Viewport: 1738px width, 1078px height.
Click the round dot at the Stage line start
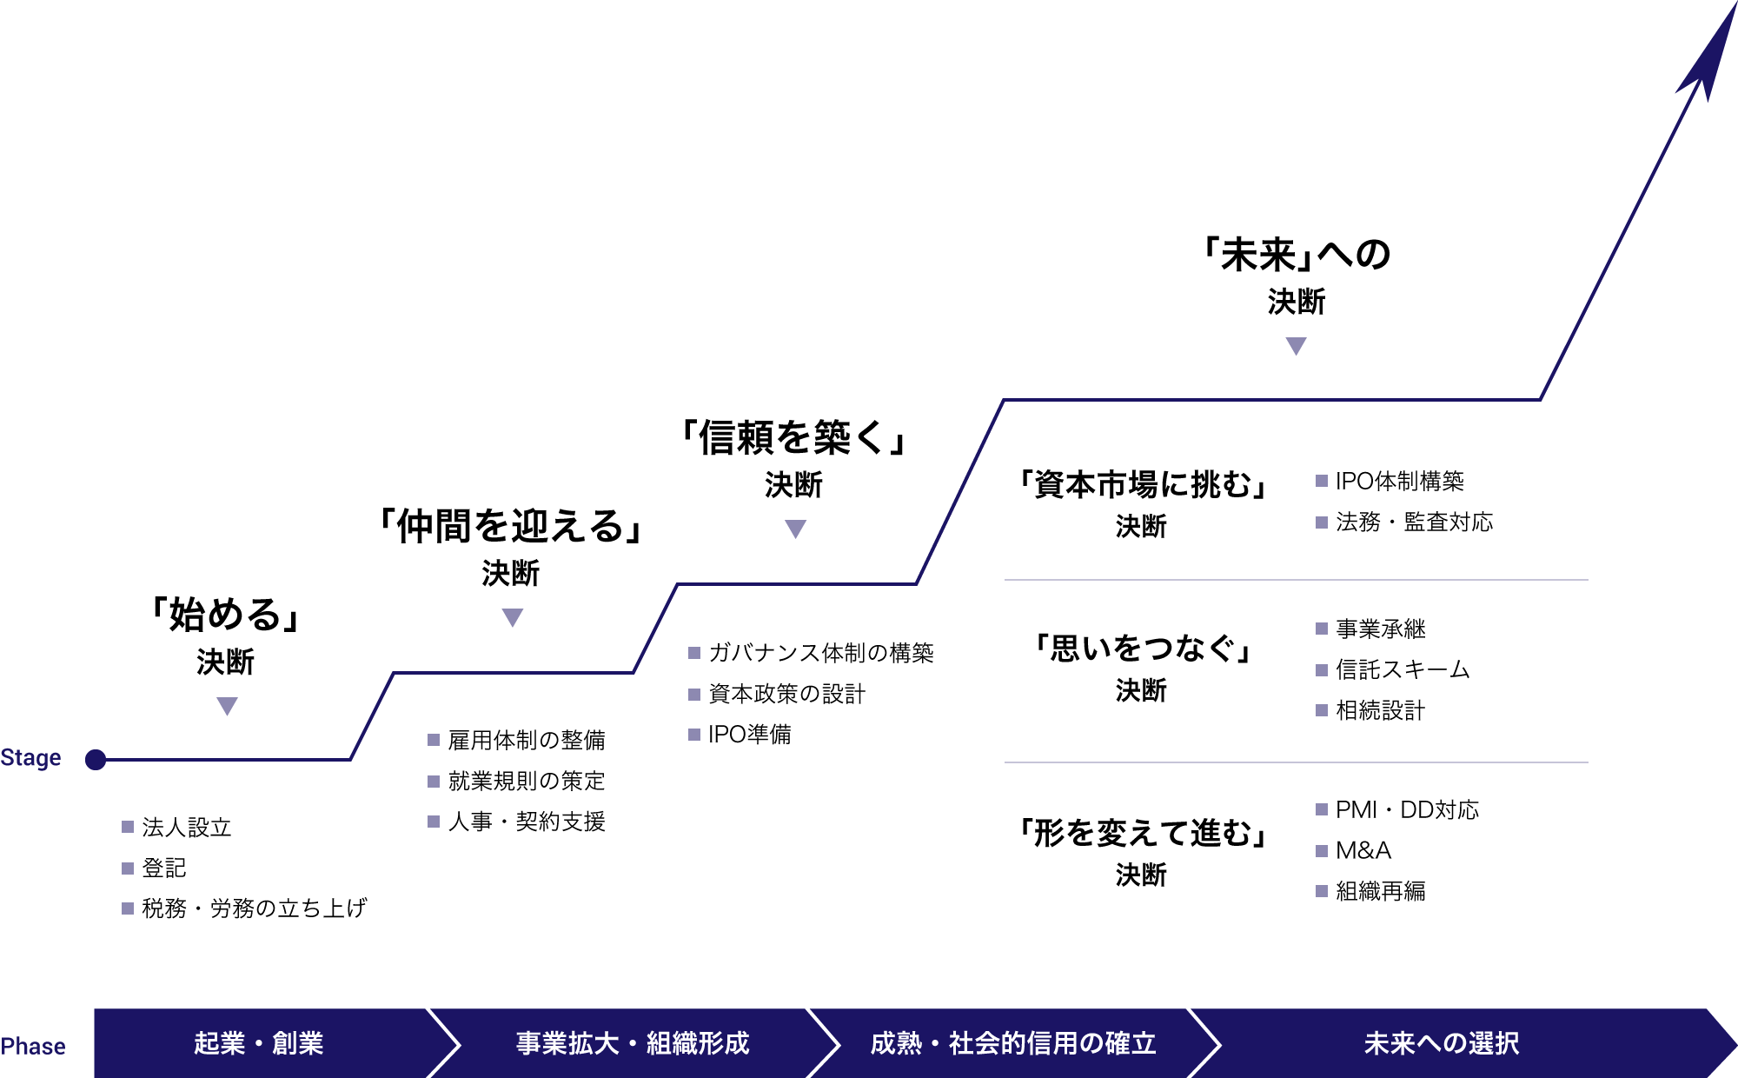pos(96,760)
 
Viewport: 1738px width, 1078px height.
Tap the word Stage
pos(31,758)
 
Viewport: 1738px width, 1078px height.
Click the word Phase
pos(33,1046)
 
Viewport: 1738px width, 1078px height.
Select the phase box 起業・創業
pos(259,1043)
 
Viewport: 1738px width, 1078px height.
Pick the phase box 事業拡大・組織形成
pos(633,1043)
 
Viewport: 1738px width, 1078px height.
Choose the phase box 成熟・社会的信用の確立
pos(1013,1043)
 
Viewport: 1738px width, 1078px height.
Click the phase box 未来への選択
pos(1443,1043)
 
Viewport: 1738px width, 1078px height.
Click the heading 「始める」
pos(226,615)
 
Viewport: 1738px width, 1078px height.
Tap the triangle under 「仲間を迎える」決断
pos(513,617)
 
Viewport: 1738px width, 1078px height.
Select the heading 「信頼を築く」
pos(793,437)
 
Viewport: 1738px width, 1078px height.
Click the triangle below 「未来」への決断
pos(1296,346)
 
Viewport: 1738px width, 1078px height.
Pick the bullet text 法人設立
pos(187,827)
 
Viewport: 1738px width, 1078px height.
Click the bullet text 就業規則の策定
pos(527,781)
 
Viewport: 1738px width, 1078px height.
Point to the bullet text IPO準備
pos(749,735)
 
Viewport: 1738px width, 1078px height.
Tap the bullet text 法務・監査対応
pos(1414,522)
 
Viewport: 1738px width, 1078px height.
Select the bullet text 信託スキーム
pos(1403,669)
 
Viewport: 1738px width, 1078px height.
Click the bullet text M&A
pos(1363,850)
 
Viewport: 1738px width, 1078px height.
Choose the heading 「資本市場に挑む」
pos(1142,484)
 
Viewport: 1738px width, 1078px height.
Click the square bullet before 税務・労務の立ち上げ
pos(128,908)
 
